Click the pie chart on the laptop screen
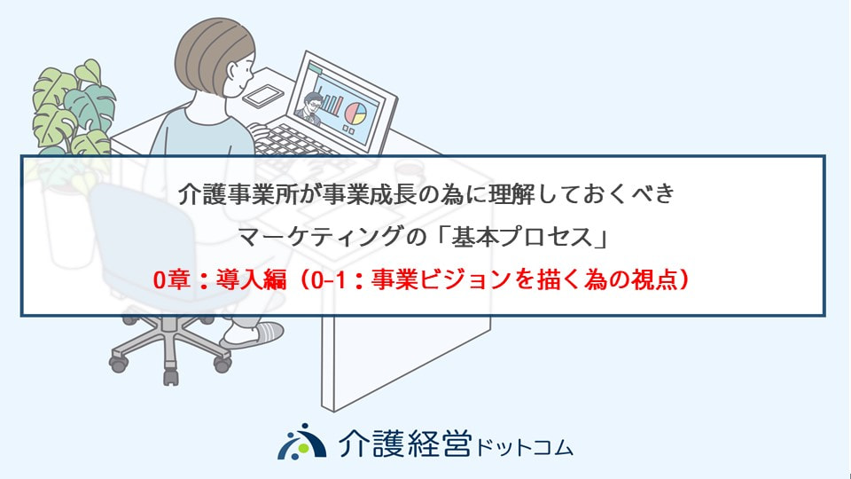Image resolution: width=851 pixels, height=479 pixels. coord(355,113)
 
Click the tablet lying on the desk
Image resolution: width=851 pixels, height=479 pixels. coord(262,96)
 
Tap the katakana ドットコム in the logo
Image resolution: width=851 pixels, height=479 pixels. coord(524,448)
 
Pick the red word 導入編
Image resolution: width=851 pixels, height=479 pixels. coord(251,279)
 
